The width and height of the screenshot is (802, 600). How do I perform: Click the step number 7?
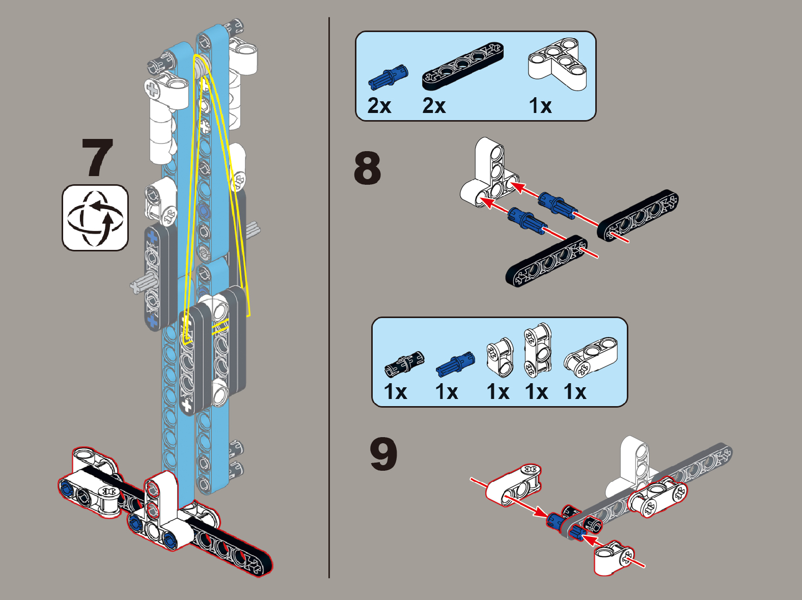point(97,157)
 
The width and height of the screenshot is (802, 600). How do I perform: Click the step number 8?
point(367,168)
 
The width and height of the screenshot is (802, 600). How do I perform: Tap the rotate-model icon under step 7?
point(95,217)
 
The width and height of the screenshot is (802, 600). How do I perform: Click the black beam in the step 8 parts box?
point(462,66)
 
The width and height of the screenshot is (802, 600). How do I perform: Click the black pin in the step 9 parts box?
point(404,364)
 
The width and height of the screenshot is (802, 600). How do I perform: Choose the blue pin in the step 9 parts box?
point(455,363)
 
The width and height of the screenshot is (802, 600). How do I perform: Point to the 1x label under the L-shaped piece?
point(540,106)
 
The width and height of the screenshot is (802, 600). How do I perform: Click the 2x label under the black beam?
point(434,106)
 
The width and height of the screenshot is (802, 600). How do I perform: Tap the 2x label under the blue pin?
point(379,106)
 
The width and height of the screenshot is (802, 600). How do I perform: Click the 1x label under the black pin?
point(396,392)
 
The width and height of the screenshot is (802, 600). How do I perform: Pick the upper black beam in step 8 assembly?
point(638,215)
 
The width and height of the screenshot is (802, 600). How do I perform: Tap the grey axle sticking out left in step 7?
point(139,283)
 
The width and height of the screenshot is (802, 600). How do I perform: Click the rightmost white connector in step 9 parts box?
point(591,353)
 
